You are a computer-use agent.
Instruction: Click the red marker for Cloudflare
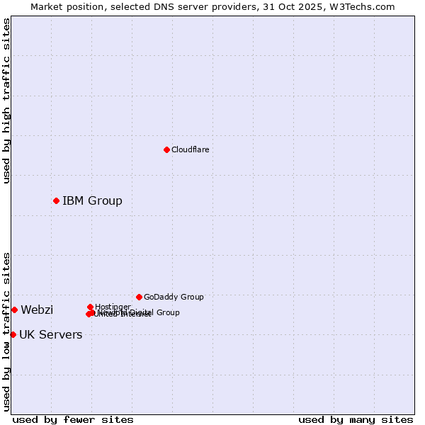click(x=166, y=149)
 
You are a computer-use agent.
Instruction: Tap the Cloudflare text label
click(x=190, y=149)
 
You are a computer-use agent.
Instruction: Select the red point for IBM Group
click(x=56, y=200)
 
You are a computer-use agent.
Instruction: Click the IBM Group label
click(x=92, y=200)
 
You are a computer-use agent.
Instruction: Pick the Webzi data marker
click(x=14, y=310)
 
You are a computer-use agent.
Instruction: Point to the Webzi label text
click(x=37, y=310)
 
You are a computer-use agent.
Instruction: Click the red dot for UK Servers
click(x=13, y=334)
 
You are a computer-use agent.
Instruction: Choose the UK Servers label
click(x=50, y=334)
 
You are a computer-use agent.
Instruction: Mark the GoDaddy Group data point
click(x=139, y=297)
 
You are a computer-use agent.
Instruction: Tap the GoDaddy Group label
click(x=174, y=297)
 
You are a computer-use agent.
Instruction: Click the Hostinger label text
click(x=113, y=307)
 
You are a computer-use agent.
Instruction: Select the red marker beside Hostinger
click(x=90, y=307)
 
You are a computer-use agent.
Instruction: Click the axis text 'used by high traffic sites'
click(x=6, y=101)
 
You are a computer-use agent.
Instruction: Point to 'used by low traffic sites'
click(x=6, y=331)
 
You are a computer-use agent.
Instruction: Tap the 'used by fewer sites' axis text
click(x=73, y=419)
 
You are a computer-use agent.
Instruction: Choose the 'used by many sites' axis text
click(x=356, y=419)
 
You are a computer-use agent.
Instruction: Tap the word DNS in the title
click(x=154, y=6)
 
